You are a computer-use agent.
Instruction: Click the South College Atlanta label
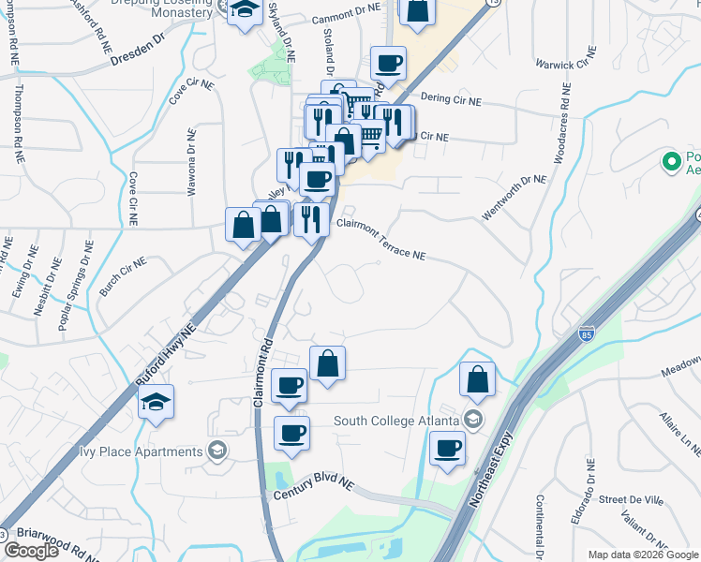click(x=399, y=421)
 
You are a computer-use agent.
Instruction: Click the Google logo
click(x=31, y=551)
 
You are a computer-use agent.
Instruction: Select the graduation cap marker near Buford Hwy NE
click(x=157, y=403)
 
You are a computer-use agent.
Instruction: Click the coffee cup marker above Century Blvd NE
click(x=291, y=434)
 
